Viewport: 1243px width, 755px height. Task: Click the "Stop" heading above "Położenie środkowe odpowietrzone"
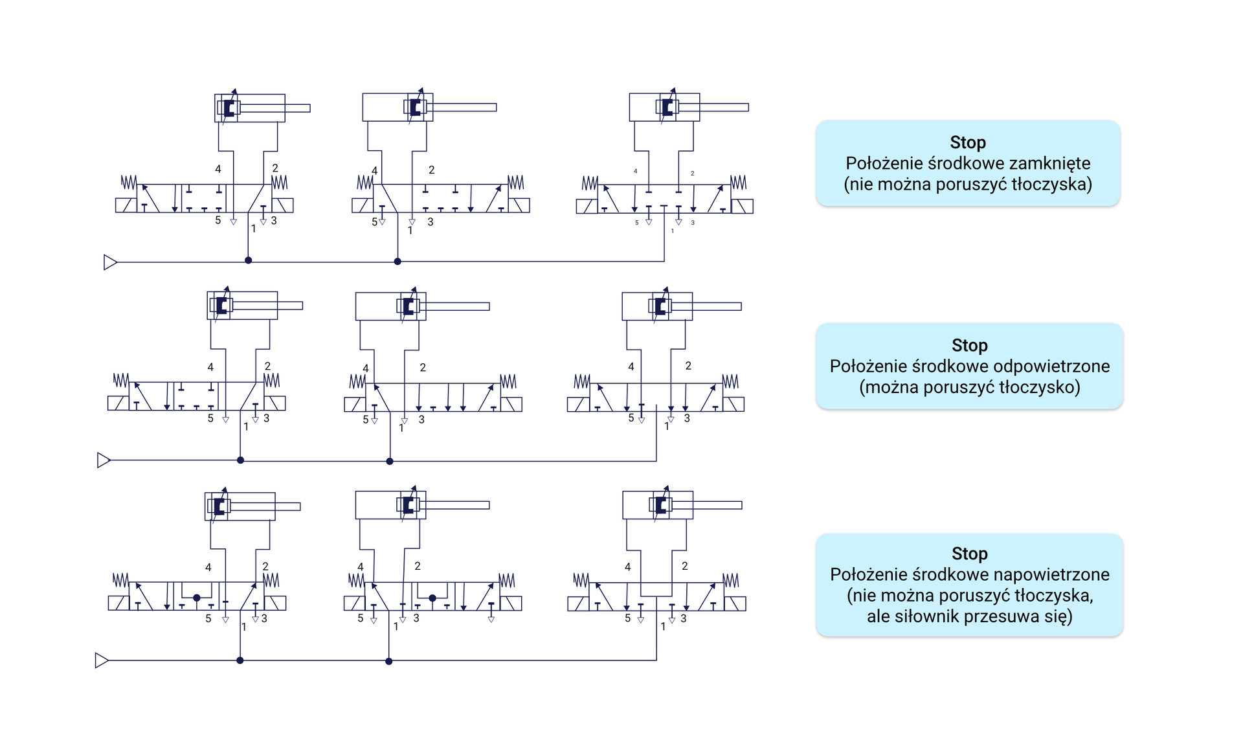click(x=969, y=345)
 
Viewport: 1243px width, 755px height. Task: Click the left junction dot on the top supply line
click(x=248, y=260)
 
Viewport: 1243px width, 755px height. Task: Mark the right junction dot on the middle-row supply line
click(x=390, y=461)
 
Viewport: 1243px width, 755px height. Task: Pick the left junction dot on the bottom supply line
click(x=240, y=660)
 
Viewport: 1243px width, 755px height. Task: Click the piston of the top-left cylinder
click(x=229, y=107)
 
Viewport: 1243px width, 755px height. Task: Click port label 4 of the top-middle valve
click(x=374, y=171)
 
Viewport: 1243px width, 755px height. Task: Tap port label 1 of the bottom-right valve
click(x=663, y=627)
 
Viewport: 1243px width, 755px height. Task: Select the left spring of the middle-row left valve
click(x=121, y=380)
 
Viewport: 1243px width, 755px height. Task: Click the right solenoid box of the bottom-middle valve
click(x=511, y=603)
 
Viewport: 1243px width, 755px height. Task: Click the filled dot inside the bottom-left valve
click(x=197, y=598)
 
